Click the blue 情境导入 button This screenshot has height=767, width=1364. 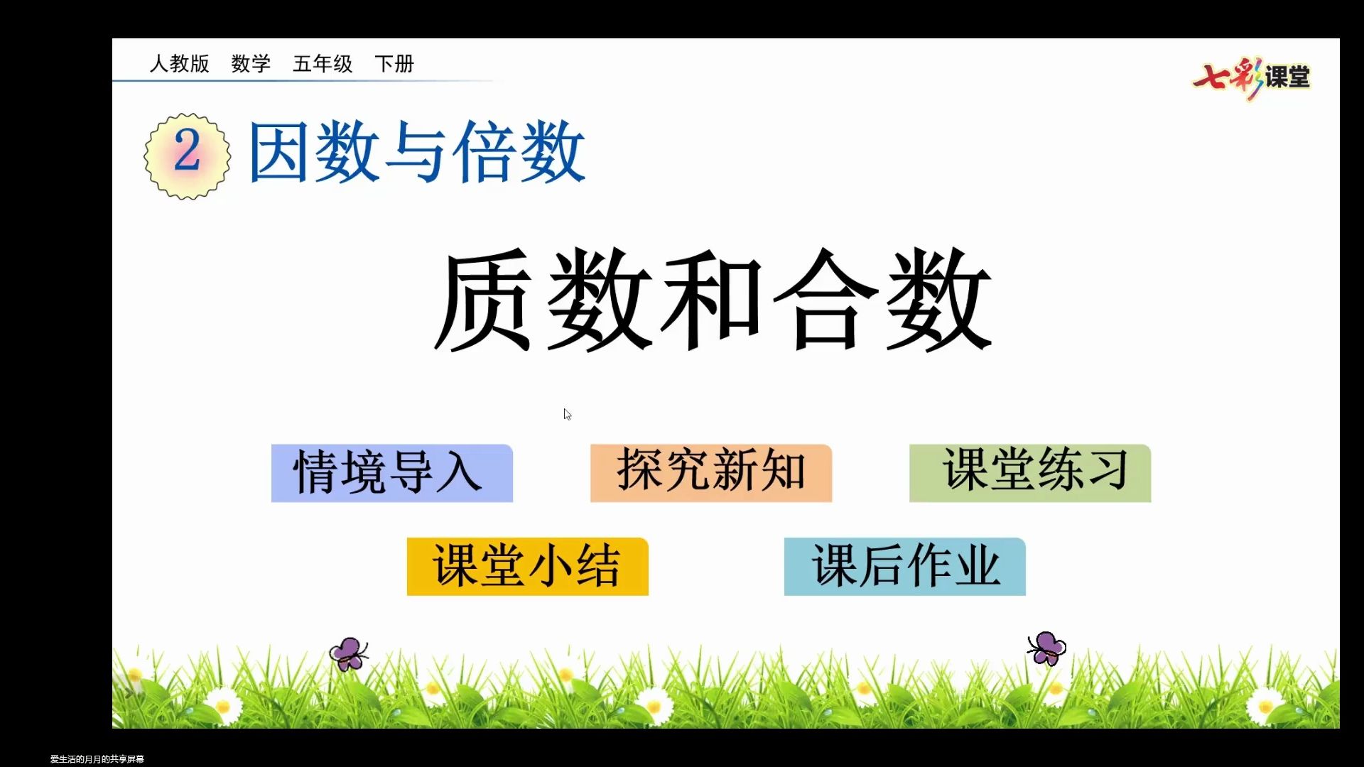pos(391,473)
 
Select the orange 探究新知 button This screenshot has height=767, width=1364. pos(710,473)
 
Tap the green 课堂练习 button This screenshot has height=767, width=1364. pos(1029,473)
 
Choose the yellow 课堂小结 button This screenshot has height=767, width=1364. pos(527,566)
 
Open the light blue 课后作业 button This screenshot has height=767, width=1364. pos(904,566)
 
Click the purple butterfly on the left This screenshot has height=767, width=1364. pos(348,653)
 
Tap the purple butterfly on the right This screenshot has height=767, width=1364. pos(1046,648)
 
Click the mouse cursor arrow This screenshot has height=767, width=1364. pos(567,414)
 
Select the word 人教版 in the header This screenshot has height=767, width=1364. pos(179,64)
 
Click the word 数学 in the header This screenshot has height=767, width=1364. pos(251,64)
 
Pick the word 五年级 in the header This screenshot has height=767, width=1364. pos(323,64)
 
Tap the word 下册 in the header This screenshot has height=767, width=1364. pos(394,64)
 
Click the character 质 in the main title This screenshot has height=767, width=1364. pos(483,300)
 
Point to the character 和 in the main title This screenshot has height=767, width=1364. pos(710,300)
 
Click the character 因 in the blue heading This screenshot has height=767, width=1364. pos(278,151)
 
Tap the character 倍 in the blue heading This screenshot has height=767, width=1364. pos(484,151)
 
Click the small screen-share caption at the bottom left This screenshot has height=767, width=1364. pos(97,758)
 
